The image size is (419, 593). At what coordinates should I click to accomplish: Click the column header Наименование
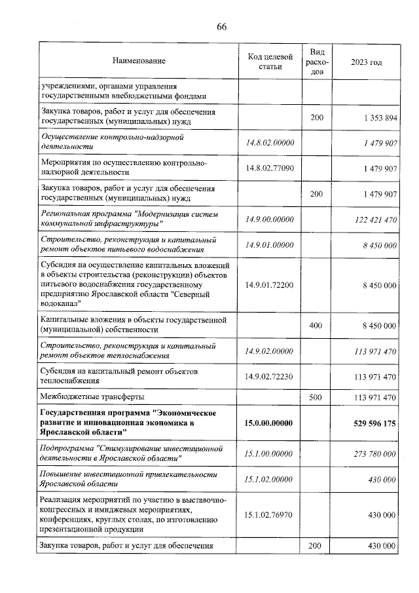[x=138, y=62]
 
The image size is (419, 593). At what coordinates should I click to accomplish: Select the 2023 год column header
[x=366, y=62]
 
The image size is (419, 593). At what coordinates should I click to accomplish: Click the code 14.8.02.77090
[x=270, y=168]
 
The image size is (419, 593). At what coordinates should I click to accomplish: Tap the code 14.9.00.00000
[x=270, y=220]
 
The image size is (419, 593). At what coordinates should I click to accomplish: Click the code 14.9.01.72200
[x=270, y=286]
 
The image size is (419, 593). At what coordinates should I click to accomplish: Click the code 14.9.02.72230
[x=270, y=377]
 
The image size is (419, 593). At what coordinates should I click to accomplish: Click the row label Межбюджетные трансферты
[x=92, y=397]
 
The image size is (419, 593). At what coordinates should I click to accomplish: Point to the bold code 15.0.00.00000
[x=270, y=423]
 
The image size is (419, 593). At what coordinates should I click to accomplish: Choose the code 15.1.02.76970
[x=270, y=516]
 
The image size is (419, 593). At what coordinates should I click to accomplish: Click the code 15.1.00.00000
[x=270, y=454]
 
